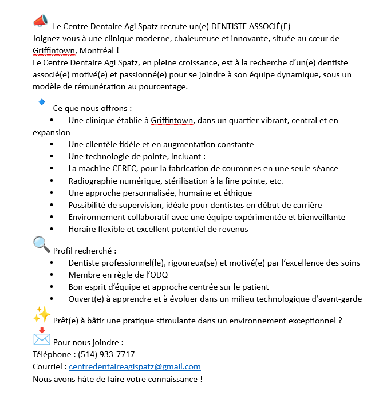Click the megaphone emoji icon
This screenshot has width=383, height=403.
pyautogui.click(x=40, y=21)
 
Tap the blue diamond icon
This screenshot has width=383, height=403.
pyautogui.click(x=41, y=101)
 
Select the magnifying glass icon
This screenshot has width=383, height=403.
pyautogui.click(x=41, y=244)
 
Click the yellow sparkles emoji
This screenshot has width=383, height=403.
pyautogui.click(x=41, y=314)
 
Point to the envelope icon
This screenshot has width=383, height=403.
pyautogui.click(x=41, y=337)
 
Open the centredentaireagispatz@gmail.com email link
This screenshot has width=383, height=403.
pyautogui.click(x=135, y=366)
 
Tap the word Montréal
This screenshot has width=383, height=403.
pyautogui.click(x=99, y=50)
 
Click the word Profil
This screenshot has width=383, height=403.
pyautogui.click(x=64, y=251)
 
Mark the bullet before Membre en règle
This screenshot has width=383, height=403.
pyautogui.click(x=53, y=275)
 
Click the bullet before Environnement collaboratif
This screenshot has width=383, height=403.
pyautogui.click(x=53, y=217)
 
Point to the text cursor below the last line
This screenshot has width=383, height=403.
pyautogui.click(x=33, y=396)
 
